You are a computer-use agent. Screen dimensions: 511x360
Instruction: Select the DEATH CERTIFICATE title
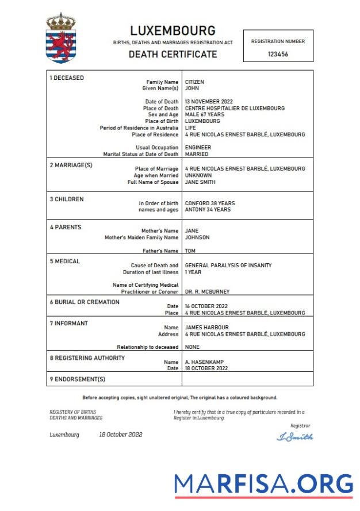pyautogui.click(x=173, y=55)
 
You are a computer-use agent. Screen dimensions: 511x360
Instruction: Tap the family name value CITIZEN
pyautogui.click(x=194, y=82)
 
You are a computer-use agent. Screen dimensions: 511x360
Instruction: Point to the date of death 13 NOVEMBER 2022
pyautogui.click(x=209, y=102)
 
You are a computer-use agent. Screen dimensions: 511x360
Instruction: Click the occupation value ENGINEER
pyautogui.click(x=197, y=148)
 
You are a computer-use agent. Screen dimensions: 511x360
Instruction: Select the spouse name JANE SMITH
pyautogui.click(x=200, y=182)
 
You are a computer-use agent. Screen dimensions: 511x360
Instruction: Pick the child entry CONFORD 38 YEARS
pyautogui.click(x=209, y=203)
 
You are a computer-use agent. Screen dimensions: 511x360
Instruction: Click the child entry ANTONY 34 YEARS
pyautogui.click(x=208, y=210)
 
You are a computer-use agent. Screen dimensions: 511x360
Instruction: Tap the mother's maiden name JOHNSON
pyautogui.click(x=197, y=237)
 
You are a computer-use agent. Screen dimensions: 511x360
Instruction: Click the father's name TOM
pyautogui.click(x=190, y=251)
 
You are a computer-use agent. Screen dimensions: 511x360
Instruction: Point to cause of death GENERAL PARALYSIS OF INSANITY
pyautogui.click(x=228, y=266)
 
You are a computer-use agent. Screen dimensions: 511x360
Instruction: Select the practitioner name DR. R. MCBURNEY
pyautogui.click(x=207, y=292)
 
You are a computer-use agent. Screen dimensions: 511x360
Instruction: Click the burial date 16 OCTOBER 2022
pyautogui.click(x=206, y=306)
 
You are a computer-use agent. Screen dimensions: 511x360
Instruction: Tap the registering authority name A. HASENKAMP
pyautogui.click(x=204, y=362)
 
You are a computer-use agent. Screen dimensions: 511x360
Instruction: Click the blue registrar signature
pyautogui.click(x=295, y=437)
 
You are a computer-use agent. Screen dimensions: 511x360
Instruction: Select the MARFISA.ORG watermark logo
pyautogui.click(x=263, y=484)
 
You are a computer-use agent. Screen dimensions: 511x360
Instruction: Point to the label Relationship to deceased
pyautogui.click(x=148, y=347)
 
